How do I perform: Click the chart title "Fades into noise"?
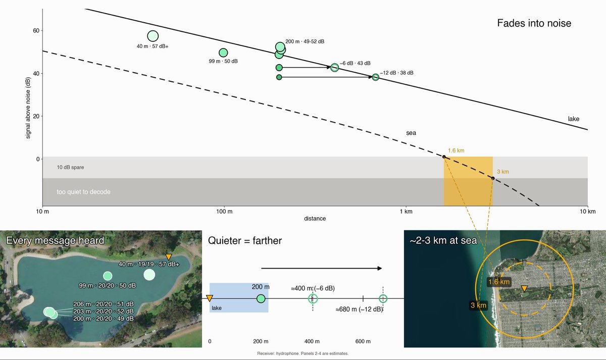coord(534,23)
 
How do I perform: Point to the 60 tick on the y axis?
coord(36,31)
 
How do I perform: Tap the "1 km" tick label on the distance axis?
coord(406,212)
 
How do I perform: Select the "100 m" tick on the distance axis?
coord(224,212)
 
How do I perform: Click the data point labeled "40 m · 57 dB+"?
coord(153,36)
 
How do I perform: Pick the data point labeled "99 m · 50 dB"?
coord(223,53)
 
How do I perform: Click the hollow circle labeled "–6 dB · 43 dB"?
coord(335,68)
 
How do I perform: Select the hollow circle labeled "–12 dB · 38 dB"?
coord(376,77)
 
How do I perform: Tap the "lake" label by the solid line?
coord(574,119)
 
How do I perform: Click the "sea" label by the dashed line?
coord(411,133)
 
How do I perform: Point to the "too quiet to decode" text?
coord(84,192)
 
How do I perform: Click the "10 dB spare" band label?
coord(70,168)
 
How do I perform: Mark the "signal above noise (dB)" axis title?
coord(28,108)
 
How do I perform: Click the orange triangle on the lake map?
coord(169,257)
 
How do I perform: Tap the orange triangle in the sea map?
coord(524,289)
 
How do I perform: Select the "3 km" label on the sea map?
coord(478,305)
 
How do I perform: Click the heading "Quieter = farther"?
coord(245,241)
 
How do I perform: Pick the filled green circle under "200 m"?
coord(261,299)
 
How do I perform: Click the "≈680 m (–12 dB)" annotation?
coord(359,310)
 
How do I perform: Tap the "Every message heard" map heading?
coord(55,240)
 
